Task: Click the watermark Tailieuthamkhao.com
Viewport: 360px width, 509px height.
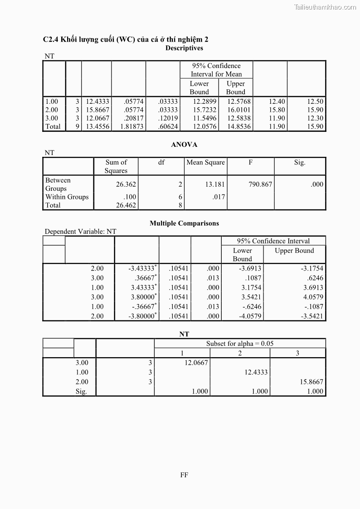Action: tap(325, 7)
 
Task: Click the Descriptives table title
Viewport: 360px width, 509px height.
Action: tap(184, 48)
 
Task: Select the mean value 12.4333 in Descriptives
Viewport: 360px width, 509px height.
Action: tap(97, 102)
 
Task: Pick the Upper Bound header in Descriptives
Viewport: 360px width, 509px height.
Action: tap(235, 87)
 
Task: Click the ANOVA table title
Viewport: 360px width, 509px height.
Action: tap(184, 145)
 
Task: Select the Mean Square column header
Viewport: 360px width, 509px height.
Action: tap(205, 162)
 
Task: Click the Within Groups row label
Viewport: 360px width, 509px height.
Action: tap(67, 197)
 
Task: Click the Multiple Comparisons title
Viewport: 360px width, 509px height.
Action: tap(184, 223)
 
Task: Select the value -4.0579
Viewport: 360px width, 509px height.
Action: tap(250, 316)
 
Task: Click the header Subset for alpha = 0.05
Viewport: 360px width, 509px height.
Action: tap(240, 344)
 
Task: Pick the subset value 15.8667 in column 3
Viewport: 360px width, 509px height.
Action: tap(311, 382)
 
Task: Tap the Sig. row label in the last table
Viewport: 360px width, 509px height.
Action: tap(81, 392)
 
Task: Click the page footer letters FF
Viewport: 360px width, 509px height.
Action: tap(184, 475)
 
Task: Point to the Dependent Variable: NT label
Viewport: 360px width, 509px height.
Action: tap(80, 232)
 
